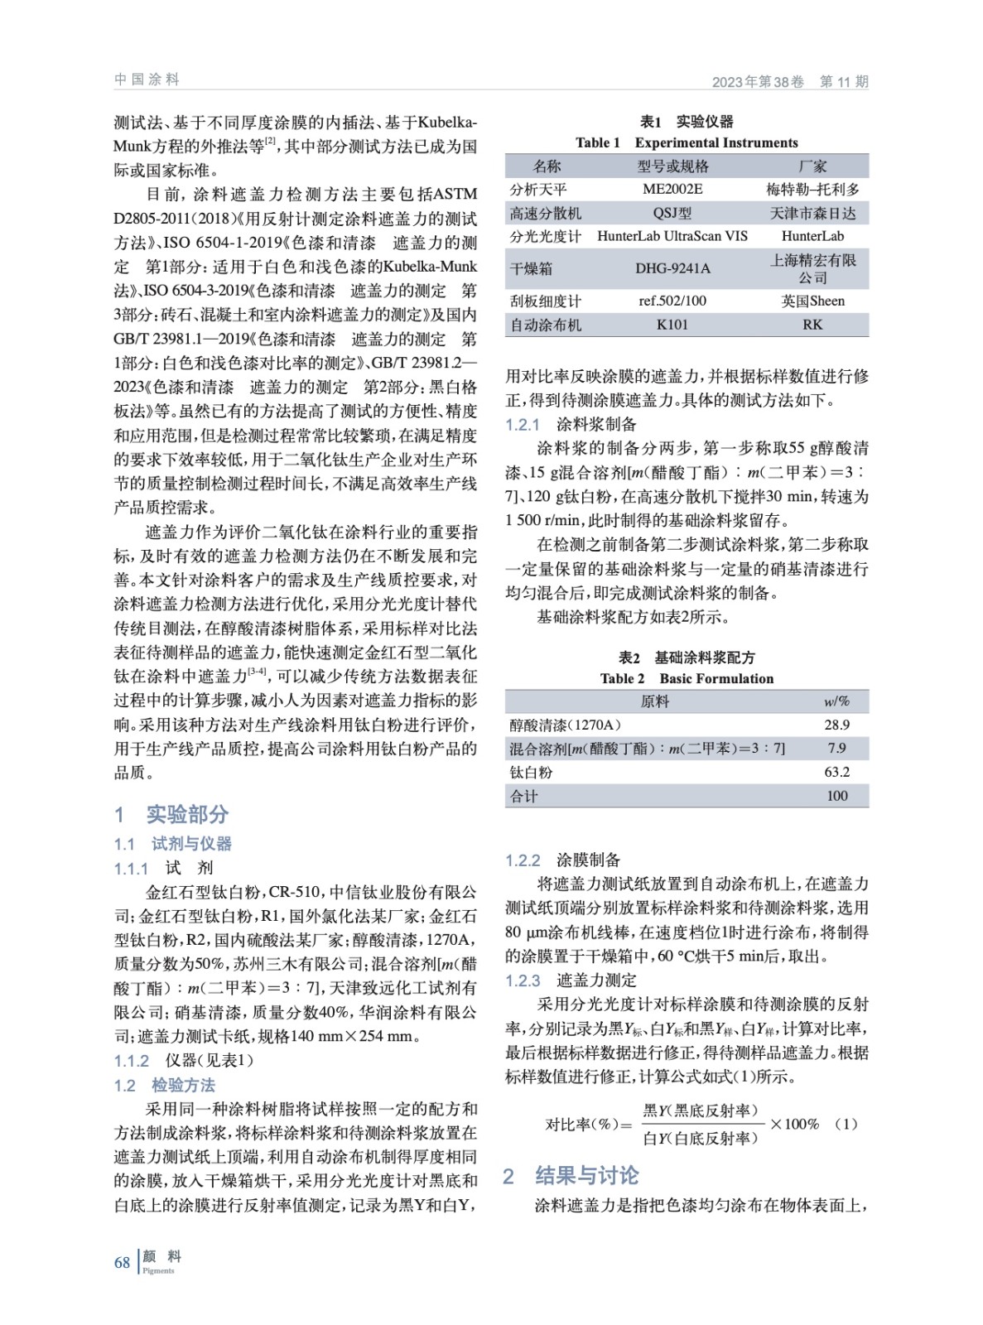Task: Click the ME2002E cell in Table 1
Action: pos(672,189)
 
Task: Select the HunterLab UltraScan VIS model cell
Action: pos(672,236)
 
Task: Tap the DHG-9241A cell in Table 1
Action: pos(672,268)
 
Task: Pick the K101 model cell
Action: pos(672,325)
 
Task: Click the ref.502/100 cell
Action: pos(672,301)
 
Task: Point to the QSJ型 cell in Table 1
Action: pos(672,213)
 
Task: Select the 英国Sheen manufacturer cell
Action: pos(812,301)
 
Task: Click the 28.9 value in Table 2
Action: pos(836,725)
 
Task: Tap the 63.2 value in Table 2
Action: pos(836,772)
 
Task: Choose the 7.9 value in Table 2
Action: pos(836,748)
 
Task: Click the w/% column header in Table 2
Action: pos(836,701)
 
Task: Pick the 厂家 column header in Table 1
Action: pos(812,166)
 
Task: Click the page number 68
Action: pos(123,1262)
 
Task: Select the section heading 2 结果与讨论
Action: pos(571,1175)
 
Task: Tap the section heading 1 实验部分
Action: pos(171,814)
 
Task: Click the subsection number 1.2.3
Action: pos(523,980)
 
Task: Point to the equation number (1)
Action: pos(846,1124)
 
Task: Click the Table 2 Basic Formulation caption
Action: pos(687,678)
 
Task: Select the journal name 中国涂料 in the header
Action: pos(147,79)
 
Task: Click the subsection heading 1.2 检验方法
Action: pos(165,1085)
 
